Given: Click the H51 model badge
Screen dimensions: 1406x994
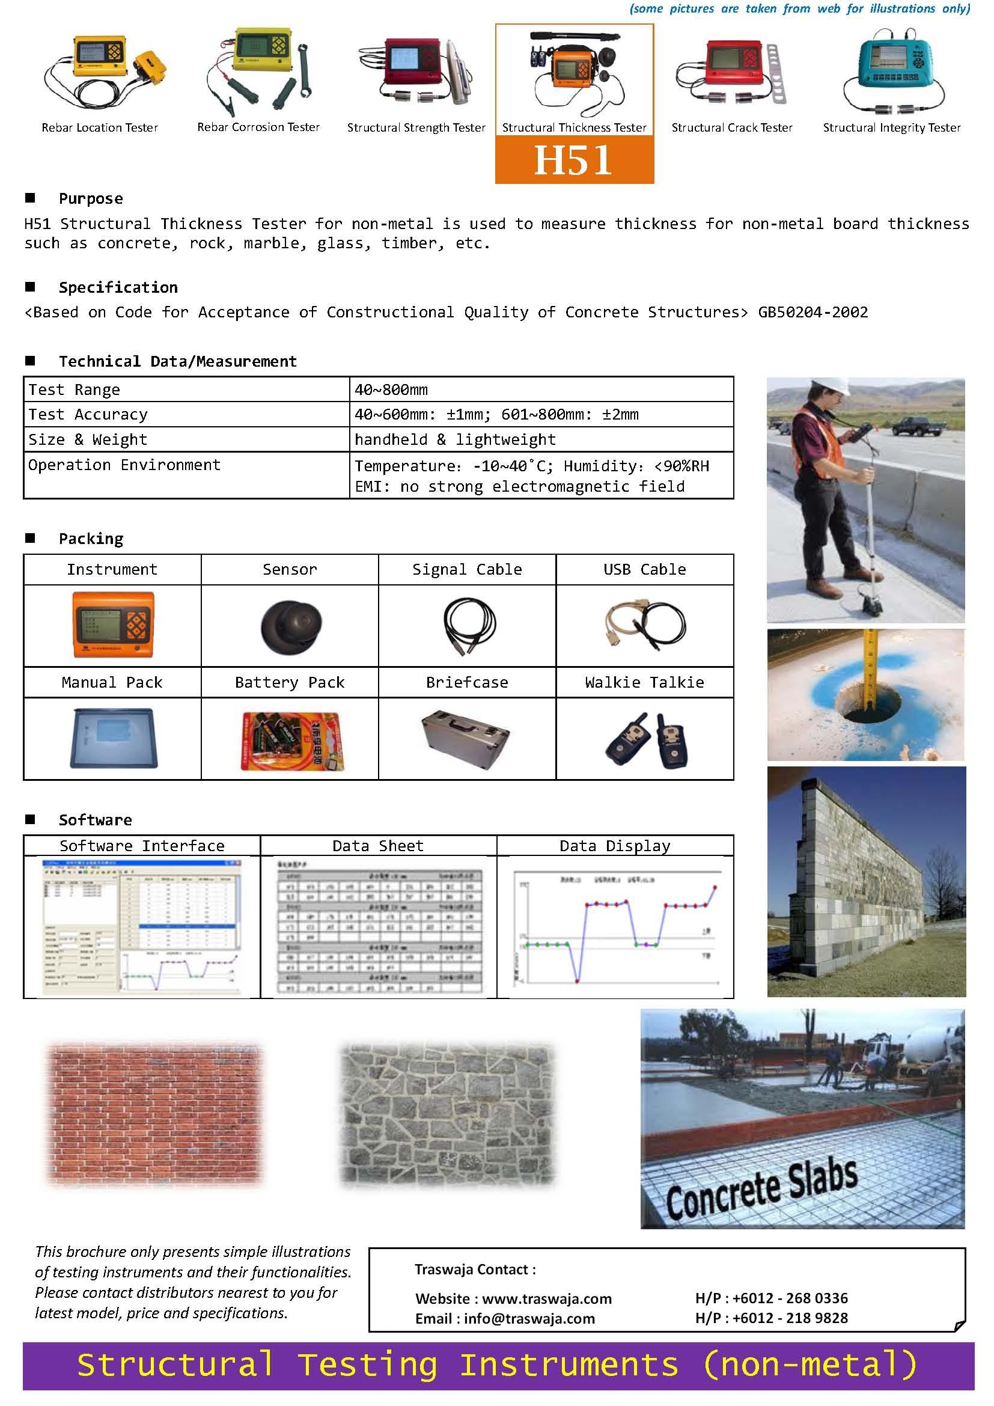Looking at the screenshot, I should tap(573, 160).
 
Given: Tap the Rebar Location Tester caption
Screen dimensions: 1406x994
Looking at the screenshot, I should tap(100, 127).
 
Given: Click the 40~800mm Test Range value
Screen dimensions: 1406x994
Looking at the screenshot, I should tap(391, 390).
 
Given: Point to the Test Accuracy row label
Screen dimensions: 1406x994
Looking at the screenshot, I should tap(88, 415).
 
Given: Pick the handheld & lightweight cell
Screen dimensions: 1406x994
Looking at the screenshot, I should tap(455, 439).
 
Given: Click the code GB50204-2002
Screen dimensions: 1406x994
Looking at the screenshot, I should tap(813, 313).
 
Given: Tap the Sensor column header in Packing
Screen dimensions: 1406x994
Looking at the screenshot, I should tap(290, 569).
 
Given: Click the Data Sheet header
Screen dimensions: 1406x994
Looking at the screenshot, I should tap(377, 846).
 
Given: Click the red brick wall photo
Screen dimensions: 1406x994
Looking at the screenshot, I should tap(154, 1114).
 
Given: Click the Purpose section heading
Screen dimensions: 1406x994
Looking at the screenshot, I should tap(91, 199).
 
